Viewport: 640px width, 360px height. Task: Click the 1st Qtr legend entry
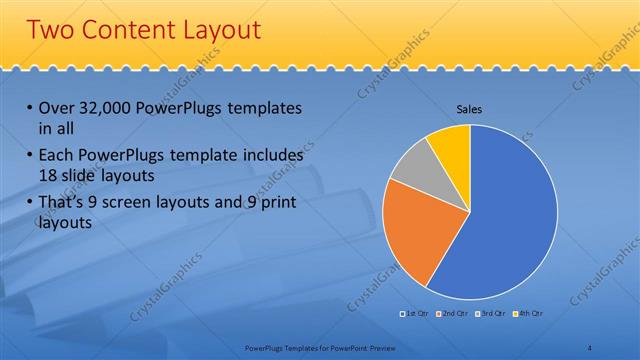tap(414, 315)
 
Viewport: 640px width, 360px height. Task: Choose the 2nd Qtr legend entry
tap(453, 315)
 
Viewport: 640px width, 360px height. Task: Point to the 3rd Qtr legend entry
tap(491, 315)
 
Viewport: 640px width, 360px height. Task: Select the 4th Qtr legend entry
tap(528, 315)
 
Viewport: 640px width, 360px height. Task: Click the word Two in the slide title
tap(52, 30)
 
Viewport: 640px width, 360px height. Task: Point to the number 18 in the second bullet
tap(43, 175)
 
